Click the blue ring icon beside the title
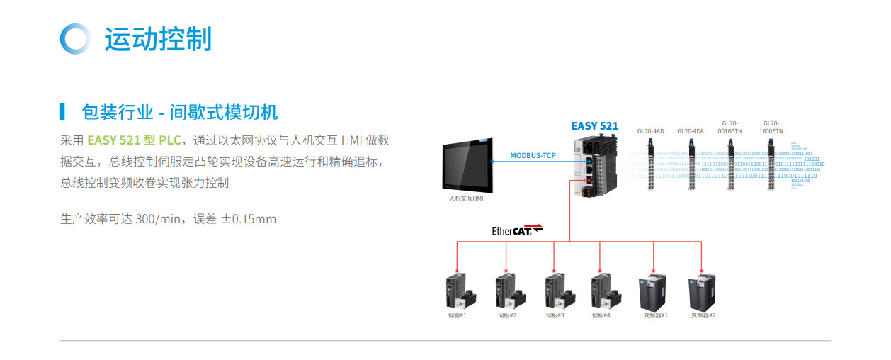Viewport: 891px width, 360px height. point(75,38)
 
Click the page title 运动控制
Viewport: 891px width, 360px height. point(158,38)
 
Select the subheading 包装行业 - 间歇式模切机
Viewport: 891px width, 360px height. point(179,111)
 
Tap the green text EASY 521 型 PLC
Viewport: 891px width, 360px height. point(134,140)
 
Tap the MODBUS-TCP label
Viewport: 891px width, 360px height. point(533,155)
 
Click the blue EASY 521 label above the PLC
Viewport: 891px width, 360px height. point(594,126)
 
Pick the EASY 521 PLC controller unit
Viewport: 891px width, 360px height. point(596,167)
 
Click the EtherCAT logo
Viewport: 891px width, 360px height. point(517,230)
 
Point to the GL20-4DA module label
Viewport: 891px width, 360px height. point(690,130)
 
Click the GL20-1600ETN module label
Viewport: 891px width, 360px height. point(771,127)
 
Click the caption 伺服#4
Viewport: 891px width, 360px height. point(601,315)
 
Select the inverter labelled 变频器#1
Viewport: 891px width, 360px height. point(652,290)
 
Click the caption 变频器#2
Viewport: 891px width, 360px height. point(703,315)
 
